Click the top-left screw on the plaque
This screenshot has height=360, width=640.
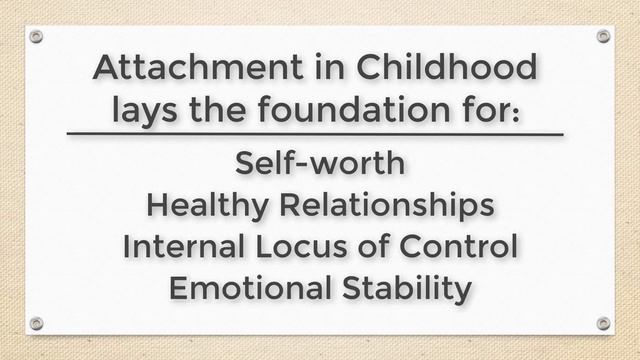tap(36, 36)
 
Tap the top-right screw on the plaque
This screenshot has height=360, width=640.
tap(603, 36)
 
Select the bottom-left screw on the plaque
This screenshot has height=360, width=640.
tap(36, 323)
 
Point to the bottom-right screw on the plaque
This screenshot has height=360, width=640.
tap(603, 323)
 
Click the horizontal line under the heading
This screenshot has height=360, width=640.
tap(320, 133)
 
